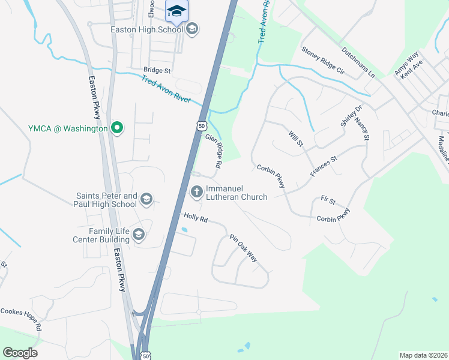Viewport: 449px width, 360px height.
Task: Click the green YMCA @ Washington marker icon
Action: pos(118,128)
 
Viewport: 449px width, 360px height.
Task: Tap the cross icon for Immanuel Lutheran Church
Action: pos(196,192)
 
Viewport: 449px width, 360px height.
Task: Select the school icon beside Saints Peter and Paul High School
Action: pos(146,199)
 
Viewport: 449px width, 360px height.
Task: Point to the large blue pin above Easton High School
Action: pos(177,11)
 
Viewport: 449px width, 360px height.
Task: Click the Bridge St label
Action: pos(157,70)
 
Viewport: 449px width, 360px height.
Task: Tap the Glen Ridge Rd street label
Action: pos(214,151)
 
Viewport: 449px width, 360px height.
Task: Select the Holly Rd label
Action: pos(196,218)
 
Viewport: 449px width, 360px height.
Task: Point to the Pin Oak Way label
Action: pos(244,248)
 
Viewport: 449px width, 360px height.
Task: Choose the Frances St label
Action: pos(324,166)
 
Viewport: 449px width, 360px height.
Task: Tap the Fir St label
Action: pos(328,199)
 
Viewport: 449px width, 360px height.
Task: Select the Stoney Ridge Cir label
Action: pos(323,61)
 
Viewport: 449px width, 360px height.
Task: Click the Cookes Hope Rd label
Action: pos(21,319)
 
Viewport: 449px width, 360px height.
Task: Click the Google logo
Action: pos(20,353)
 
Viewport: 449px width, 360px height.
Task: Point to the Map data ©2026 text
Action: pos(423,355)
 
